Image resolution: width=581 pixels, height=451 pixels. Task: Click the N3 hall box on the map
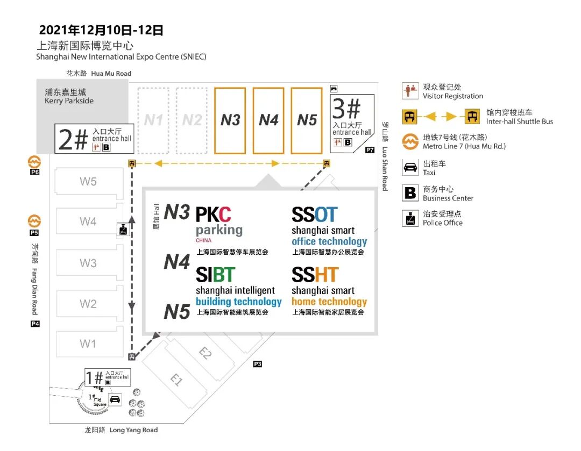click(x=230, y=120)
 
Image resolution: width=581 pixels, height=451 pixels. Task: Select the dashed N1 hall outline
click(x=153, y=120)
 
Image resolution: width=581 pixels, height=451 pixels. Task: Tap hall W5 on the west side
click(x=88, y=181)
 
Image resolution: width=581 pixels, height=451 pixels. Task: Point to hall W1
click(x=88, y=343)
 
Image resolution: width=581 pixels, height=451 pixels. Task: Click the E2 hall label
click(x=205, y=353)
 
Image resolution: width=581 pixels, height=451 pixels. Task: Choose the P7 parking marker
click(x=370, y=150)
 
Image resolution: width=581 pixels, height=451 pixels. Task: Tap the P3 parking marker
click(x=258, y=364)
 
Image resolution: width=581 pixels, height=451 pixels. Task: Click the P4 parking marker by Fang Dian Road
click(x=35, y=324)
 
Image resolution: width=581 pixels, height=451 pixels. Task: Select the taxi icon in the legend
click(x=410, y=167)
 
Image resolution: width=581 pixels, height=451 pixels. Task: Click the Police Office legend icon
click(x=410, y=218)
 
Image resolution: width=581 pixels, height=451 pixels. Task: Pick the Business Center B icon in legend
click(x=410, y=193)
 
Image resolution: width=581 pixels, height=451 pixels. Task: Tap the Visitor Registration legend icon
click(x=410, y=91)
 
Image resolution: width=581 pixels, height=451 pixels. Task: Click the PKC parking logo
click(x=214, y=215)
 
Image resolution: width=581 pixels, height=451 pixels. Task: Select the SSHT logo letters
click(x=315, y=275)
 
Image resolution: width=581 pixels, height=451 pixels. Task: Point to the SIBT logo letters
click(x=215, y=275)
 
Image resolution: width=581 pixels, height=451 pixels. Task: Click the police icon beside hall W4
click(x=124, y=230)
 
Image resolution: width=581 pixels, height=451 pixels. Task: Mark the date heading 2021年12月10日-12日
click(x=101, y=30)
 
